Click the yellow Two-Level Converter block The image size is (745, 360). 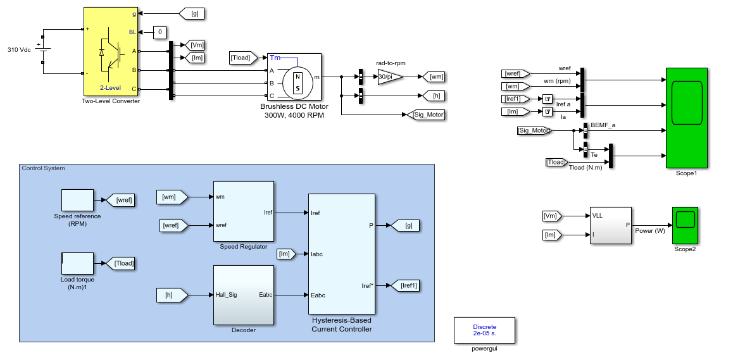point(111,51)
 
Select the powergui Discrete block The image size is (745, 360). point(484,330)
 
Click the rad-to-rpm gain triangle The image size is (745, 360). point(391,77)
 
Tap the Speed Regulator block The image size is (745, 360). point(243,211)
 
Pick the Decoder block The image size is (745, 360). point(243,295)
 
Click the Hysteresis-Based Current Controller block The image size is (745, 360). point(342,254)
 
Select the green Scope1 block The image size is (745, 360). point(687,118)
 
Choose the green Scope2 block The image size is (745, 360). point(685,225)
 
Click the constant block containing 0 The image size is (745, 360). point(160,32)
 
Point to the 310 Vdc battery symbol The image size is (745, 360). point(43,49)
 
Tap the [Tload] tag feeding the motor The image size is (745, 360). point(244,58)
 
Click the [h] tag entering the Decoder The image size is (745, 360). point(172,295)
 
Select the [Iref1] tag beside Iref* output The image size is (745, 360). point(403,285)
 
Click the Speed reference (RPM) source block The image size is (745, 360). point(77,200)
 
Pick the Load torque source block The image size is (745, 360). point(77,264)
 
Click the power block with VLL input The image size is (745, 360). point(611,225)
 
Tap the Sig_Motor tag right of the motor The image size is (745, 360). point(425,115)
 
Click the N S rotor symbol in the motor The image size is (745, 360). point(298,83)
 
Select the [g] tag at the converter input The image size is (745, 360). point(192,14)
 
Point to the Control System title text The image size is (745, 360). point(43,168)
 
